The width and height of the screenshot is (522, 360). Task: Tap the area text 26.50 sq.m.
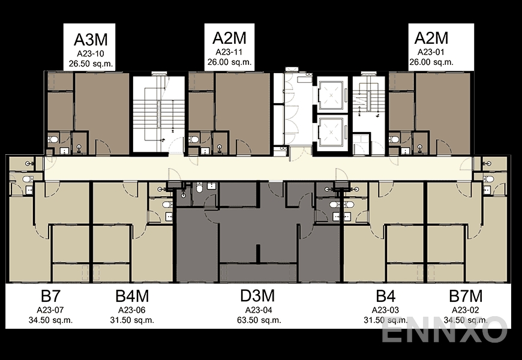tap(91, 63)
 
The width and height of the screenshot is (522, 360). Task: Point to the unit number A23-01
tap(431, 53)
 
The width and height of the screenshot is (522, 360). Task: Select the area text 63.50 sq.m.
tap(258, 320)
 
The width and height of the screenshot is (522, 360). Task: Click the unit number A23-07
tap(51, 310)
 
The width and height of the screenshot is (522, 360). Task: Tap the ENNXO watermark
tap(444, 331)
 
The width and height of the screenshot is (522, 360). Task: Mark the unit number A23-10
tap(91, 53)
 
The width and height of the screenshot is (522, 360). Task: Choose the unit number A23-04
tap(258, 310)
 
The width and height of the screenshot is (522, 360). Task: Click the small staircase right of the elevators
tap(367, 99)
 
